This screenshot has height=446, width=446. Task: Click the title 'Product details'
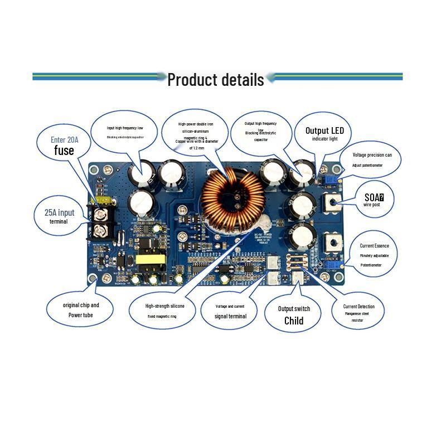click(x=216, y=79)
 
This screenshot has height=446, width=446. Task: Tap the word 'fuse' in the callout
click(x=65, y=151)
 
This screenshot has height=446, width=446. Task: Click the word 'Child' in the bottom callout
click(x=294, y=321)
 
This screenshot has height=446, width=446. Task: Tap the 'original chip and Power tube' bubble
click(x=80, y=310)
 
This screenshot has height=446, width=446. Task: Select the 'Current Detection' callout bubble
click(x=358, y=312)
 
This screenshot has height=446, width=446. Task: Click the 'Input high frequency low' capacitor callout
click(x=124, y=136)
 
